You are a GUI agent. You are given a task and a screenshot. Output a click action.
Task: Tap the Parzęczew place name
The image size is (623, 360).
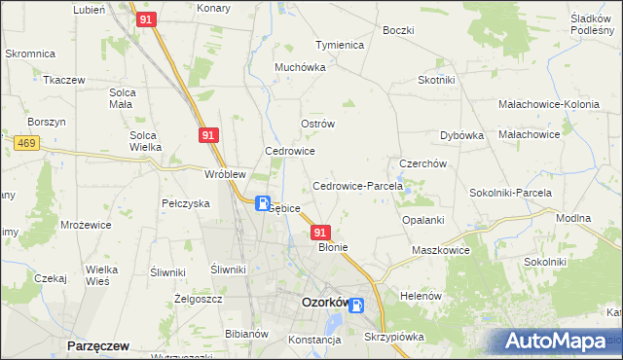tap(98, 345)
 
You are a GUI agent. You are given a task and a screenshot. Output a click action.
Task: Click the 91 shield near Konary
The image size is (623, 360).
tap(145, 18)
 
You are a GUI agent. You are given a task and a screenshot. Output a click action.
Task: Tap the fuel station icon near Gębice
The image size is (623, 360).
tap(263, 203)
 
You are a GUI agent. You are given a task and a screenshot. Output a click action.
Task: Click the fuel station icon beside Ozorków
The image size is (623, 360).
tap(357, 306)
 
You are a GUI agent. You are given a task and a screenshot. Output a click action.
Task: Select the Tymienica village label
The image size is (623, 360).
tap(339, 45)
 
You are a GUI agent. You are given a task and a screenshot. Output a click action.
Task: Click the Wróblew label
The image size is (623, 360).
tap(224, 174)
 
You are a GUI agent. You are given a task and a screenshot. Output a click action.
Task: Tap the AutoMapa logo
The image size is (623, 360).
tap(556, 342)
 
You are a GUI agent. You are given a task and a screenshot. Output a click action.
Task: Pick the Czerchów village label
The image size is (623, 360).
tap(422, 163)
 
